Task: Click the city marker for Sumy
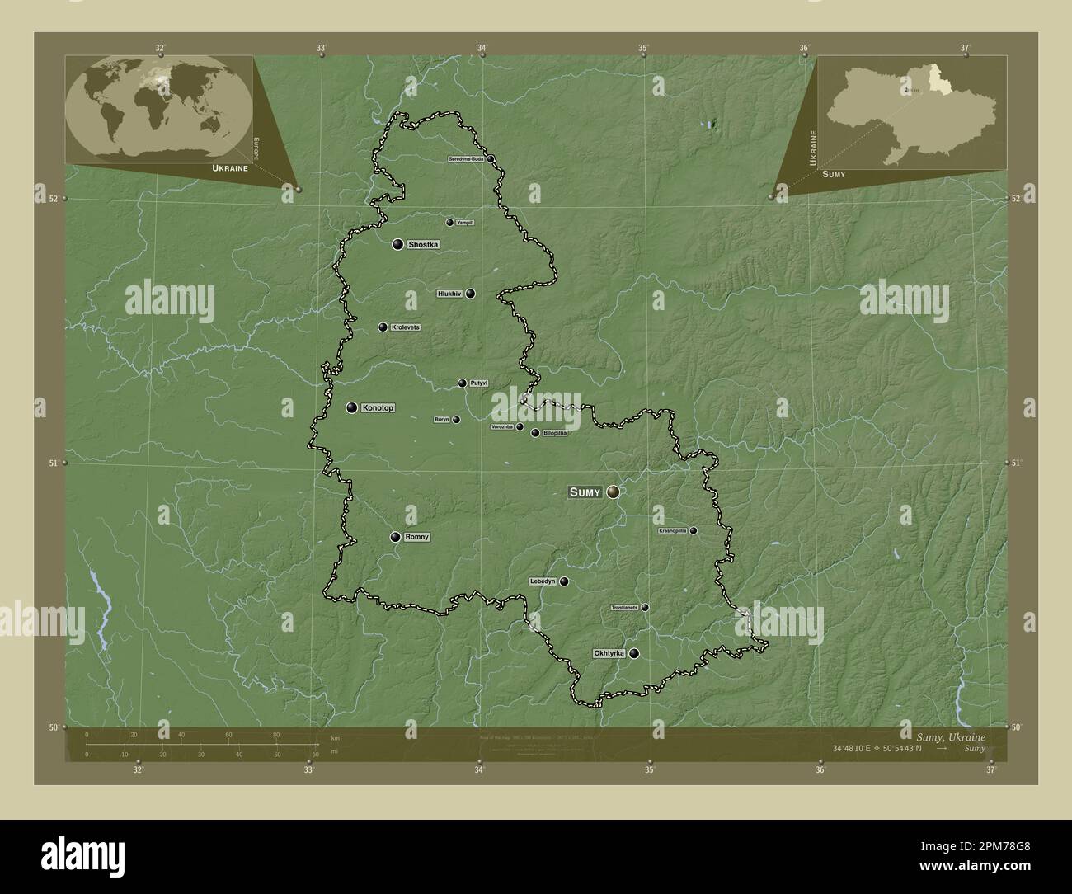pos(613,492)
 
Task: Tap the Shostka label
pos(423,244)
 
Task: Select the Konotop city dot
pos(352,407)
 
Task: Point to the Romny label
pos(417,537)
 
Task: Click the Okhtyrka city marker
pos(634,653)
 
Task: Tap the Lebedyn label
pos(543,581)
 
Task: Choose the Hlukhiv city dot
pos(470,293)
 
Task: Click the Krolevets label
pos(406,327)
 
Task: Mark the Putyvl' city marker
pos(463,383)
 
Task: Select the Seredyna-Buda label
pos(466,158)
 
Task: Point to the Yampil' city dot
pos(449,222)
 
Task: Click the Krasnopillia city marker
pos(694,530)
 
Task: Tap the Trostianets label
pos(624,608)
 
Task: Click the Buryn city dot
pos(456,419)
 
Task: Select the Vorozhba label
pos(501,427)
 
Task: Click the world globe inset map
pos(159,110)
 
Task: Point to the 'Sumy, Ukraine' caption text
pos(950,736)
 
